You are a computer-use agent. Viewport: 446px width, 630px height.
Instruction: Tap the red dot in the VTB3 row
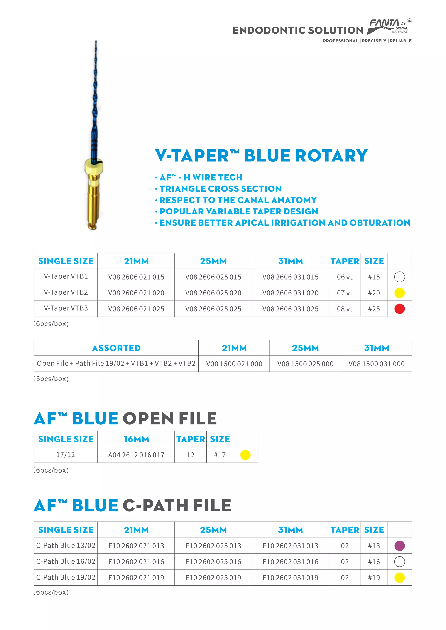pos(399,309)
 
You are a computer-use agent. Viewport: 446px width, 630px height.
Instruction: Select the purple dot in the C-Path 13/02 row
pos(399,546)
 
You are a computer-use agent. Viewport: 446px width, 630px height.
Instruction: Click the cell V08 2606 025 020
pos(213,293)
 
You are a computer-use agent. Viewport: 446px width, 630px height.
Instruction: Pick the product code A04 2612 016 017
pos(136,455)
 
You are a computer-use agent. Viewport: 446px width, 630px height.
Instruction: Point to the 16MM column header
pos(136,439)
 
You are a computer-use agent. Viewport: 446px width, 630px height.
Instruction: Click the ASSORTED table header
pos(116,348)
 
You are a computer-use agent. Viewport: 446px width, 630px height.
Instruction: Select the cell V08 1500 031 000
pos(376,364)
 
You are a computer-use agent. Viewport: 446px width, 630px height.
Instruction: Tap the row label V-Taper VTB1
pos(66,276)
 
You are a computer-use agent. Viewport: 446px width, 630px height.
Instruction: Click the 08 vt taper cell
pos(345,309)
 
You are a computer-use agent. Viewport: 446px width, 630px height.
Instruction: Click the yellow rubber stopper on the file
pos(94,166)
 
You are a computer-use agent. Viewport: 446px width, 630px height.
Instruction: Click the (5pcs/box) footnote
pos(51,379)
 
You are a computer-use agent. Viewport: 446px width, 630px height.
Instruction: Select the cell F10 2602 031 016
pos(290,562)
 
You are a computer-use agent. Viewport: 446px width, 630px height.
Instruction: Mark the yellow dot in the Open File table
pos(245,455)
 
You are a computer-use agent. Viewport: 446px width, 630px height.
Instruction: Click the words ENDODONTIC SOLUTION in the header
pos(298,30)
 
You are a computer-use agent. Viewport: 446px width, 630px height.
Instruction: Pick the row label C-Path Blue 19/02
pos(66,577)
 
